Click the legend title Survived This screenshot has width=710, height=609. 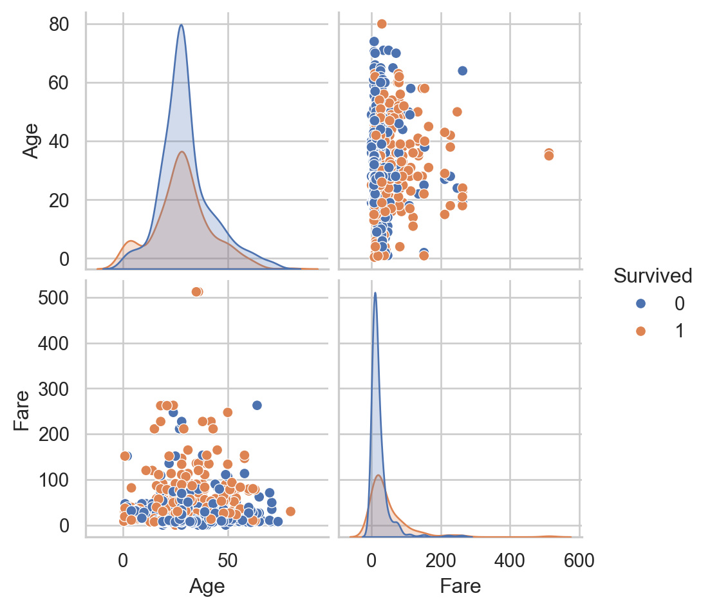(x=652, y=276)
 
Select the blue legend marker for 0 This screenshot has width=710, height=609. (x=640, y=303)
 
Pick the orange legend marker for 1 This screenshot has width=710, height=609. (x=640, y=331)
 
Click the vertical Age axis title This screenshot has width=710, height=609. (x=31, y=141)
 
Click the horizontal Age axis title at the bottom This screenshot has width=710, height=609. (x=207, y=586)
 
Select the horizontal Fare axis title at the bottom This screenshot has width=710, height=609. (x=460, y=586)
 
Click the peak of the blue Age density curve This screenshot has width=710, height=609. (x=182, y=25)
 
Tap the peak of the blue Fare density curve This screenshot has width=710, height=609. (x=375, y=293)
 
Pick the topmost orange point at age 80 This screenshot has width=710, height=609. (x=382, y=24)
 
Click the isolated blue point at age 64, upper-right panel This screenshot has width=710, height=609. (x=462, y=71)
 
